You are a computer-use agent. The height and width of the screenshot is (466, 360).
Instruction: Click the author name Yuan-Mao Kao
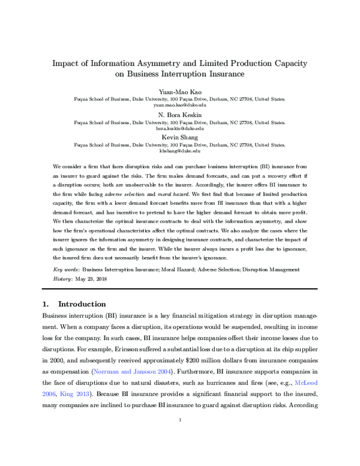(180, 90)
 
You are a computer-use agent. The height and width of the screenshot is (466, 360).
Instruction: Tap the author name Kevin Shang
(180, 138)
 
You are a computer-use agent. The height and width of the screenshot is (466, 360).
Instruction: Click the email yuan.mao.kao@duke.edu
(180, 104)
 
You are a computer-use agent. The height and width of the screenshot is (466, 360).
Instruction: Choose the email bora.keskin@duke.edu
(180, 128)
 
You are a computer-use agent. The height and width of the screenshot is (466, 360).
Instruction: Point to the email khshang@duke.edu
(180, 151)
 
